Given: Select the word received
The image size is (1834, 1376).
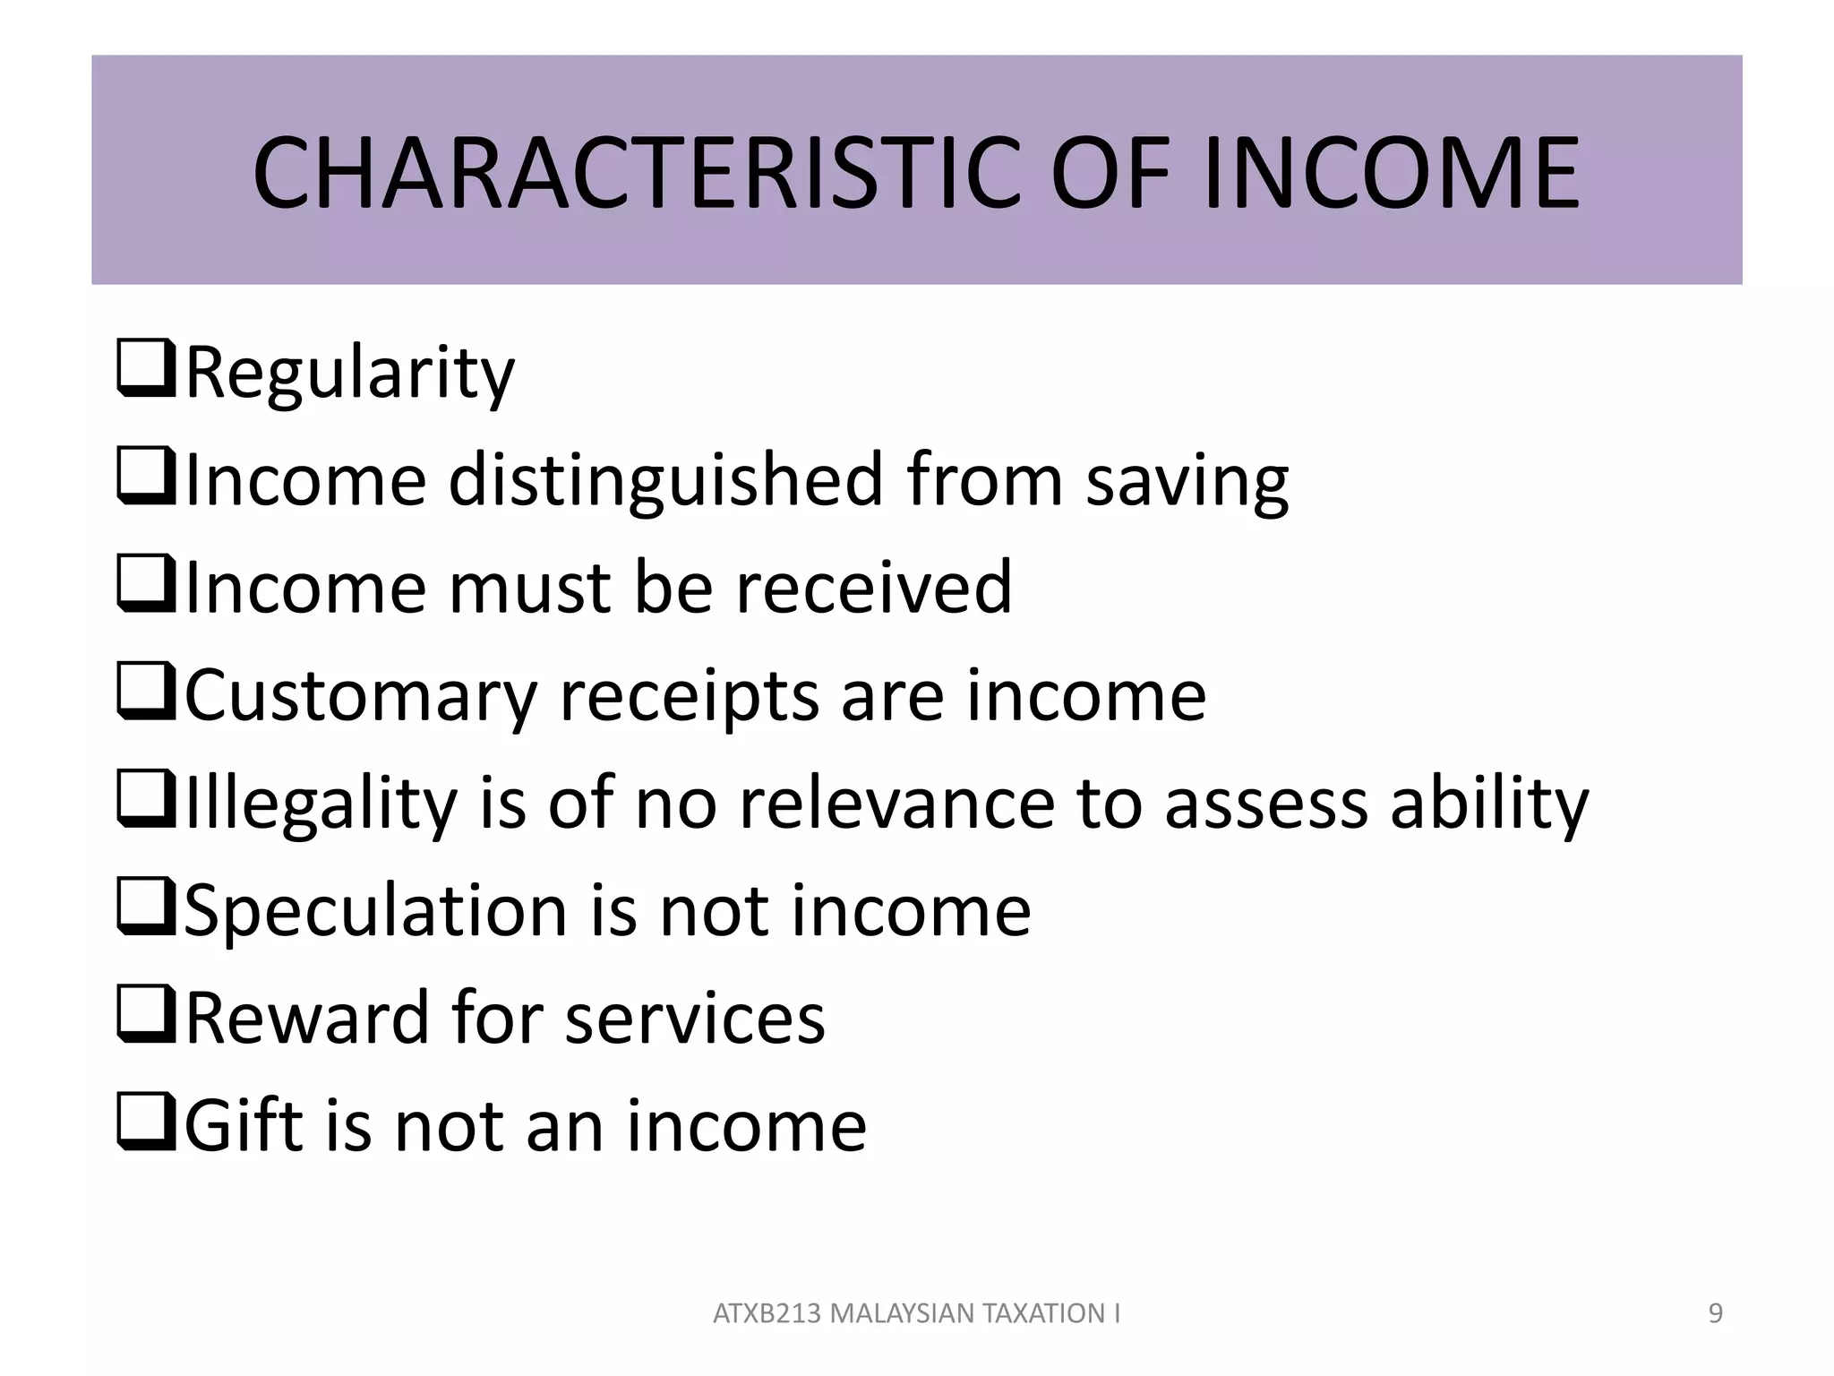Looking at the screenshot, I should pyautogui.click(x=874, y=588).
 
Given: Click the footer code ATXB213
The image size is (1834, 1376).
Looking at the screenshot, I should pyautogui.click(x=767, y=1313).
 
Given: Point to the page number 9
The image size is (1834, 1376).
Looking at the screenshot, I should pyautogui.click(x=1715, y=1313).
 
